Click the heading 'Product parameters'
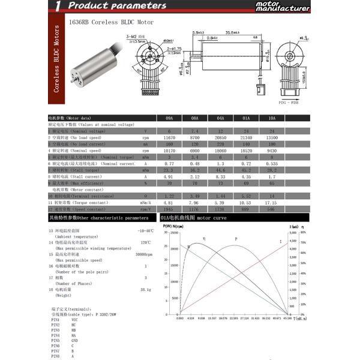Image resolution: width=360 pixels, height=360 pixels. pyautogui.click(x=117, y=6)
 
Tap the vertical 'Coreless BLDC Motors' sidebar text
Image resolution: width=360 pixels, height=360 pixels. pyautogui.click(x=56, y=59)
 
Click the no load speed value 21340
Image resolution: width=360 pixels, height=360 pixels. pyautogui.click(x=246, y=137)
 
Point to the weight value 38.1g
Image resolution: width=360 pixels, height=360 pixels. pyautogui.click(x=145, y=289)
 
